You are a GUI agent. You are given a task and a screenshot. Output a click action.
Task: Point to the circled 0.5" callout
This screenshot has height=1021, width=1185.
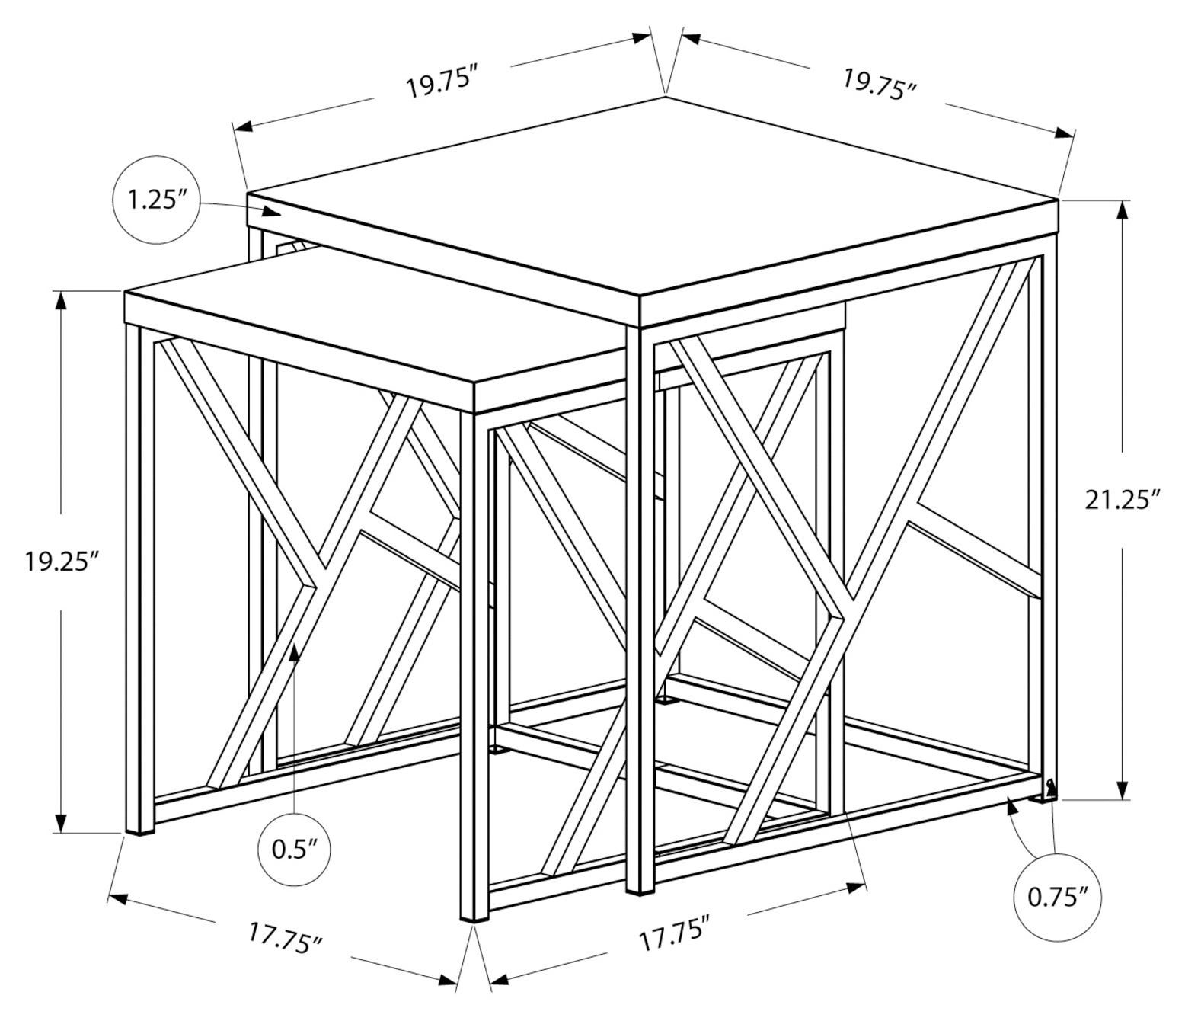(x=295, y=850)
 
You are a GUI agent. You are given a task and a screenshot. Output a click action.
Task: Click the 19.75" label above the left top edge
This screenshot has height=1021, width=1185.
(x=442, y=84)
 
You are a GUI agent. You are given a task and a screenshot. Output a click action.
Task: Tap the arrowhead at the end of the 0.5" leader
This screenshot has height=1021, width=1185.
(x=295, y=652)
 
